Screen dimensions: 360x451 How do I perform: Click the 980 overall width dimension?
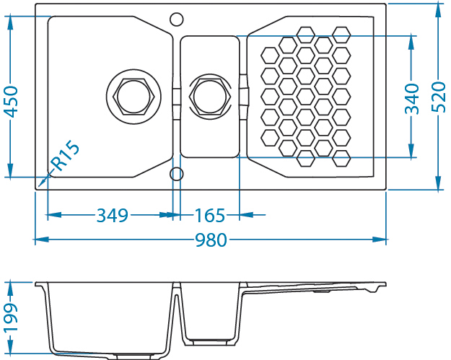tap(211, 240)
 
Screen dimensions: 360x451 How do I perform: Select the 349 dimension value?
tap(112, 215)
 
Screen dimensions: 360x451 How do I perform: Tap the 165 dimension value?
tap(210, 215)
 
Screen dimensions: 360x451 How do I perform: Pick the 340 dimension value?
tap(411, 99)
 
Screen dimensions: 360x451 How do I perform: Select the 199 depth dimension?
tap(11, 318)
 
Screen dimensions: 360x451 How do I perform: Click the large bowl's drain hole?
tap(131, 95)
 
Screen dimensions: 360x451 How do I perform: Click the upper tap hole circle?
tap(175, 18)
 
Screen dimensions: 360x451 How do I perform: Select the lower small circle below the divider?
tap(175, 173)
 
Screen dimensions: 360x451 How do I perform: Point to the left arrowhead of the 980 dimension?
tap(40, 240)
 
